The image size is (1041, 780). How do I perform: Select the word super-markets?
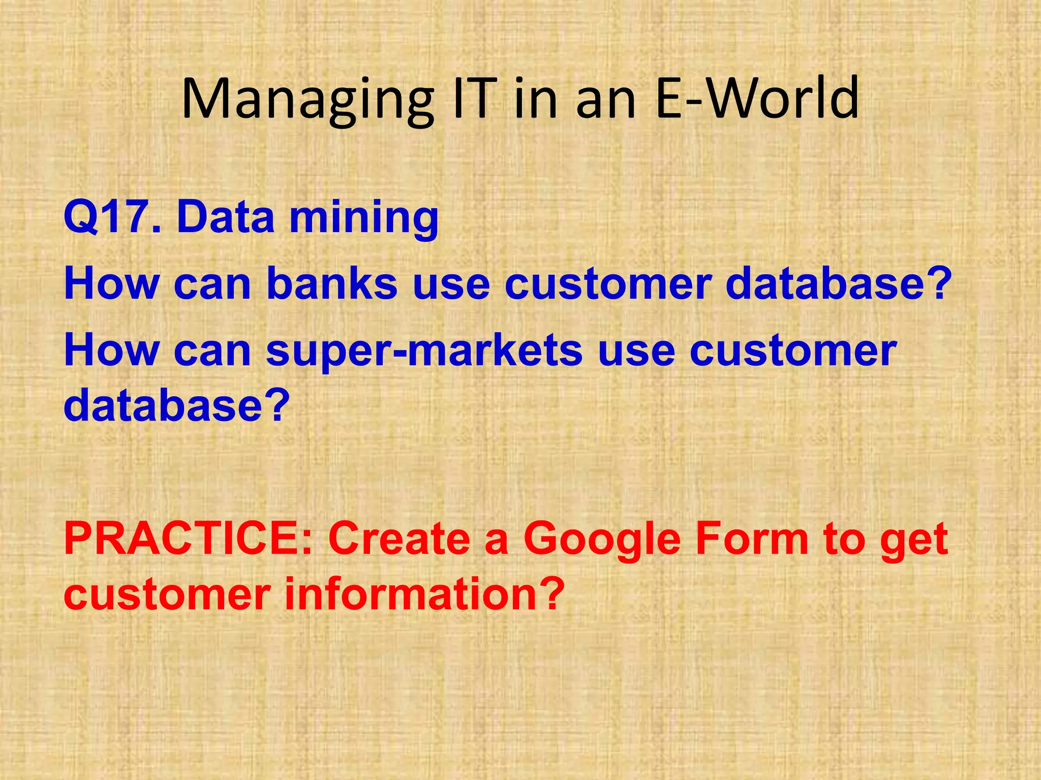424,351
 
